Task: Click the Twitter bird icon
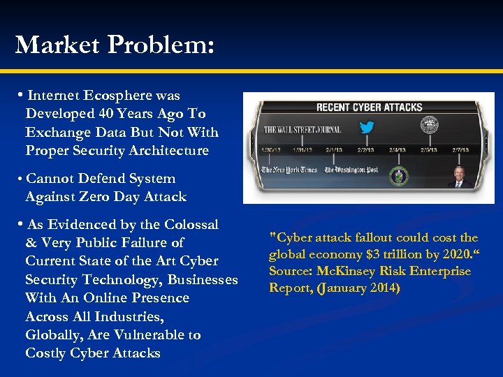coord(366,128)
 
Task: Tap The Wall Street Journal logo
coord(302,129)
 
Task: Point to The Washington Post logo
coord(348,170)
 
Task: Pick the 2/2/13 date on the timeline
coord(365,149)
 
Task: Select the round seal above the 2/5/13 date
coord(429,126)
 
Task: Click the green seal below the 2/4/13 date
coord(398,176)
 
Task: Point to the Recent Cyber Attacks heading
coord(369,107)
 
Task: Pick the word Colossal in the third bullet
coord(191,225)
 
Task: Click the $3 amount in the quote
coord(365,255)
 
